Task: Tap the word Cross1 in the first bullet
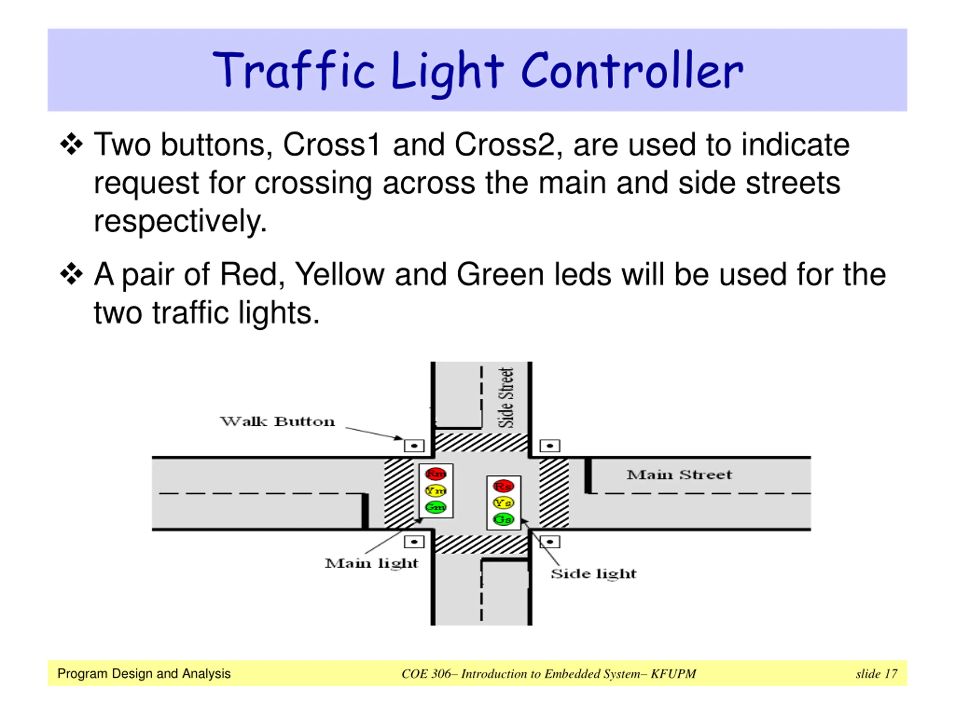331,145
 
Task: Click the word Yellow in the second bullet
339,274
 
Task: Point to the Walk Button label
277,421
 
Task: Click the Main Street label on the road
679,475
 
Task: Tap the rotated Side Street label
507,398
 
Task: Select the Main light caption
371,563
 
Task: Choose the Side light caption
593,574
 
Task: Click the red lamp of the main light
436,474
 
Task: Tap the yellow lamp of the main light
436,491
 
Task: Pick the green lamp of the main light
436,507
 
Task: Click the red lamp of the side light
503,486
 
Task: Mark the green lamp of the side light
503,519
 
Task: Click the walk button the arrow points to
414,445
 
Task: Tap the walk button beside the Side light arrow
549,541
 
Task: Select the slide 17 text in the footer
876,674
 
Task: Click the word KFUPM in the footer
673,674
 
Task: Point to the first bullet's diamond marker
71,144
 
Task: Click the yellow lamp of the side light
503,503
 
